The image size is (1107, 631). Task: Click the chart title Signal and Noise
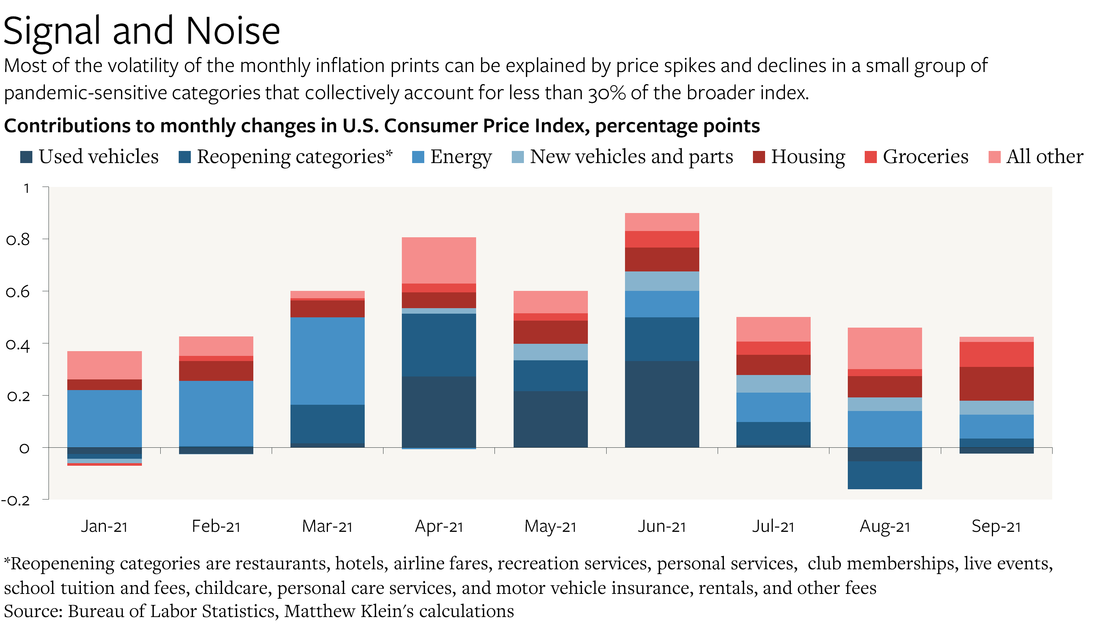point(142,31)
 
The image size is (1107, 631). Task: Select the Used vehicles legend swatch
point(26,157)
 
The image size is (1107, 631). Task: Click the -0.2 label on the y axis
point(15,501)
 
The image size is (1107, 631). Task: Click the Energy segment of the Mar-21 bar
point(328,361)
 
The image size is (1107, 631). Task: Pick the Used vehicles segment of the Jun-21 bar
point(661,404)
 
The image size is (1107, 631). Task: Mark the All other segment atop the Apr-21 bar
point(439,260)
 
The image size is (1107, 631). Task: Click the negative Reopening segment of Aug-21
point(885,475)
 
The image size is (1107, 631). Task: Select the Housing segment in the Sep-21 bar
point(996,383)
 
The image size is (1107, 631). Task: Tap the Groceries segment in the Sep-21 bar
point(996,354)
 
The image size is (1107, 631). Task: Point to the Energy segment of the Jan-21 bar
point(104,418)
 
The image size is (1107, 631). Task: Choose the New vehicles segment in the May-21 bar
point(550,352)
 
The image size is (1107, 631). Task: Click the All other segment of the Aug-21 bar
point(885,348)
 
